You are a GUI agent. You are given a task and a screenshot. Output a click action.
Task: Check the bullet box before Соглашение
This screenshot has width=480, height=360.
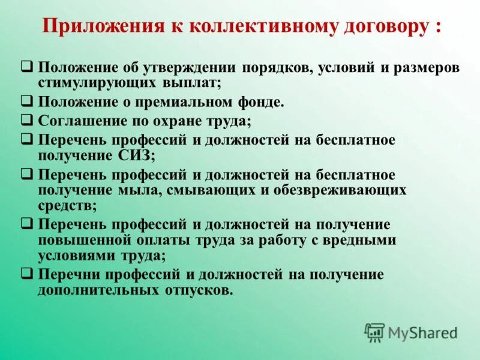(x=28, y=119)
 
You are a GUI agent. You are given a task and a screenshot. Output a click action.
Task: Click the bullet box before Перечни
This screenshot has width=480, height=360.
(x=28, y=274)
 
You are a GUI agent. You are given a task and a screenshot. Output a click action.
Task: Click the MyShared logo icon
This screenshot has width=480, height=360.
(x=375, y=332)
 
